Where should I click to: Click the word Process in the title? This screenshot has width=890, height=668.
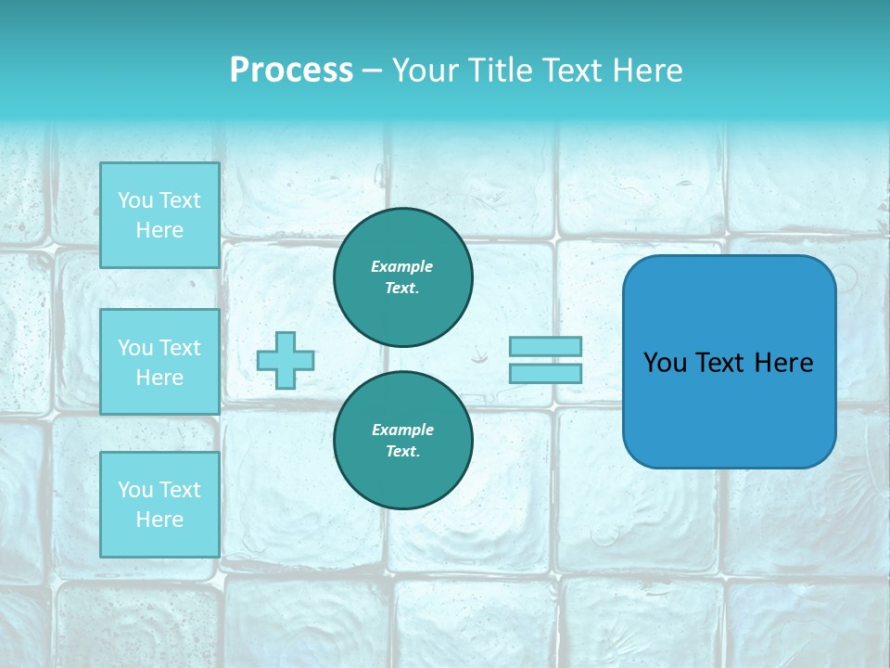291,71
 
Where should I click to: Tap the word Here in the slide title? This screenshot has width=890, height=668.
646,71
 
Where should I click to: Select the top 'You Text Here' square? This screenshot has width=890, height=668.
159,215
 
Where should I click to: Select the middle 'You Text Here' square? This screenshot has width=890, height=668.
159,362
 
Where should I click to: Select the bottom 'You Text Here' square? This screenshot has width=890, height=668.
159,504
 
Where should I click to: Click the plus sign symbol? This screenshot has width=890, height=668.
285,360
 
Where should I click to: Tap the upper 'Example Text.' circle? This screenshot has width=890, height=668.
403,276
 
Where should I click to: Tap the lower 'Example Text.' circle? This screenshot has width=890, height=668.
403,440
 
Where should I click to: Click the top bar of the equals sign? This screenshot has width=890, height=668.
545,346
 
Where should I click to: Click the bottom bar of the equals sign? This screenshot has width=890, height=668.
545,373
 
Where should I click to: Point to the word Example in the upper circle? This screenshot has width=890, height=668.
402,266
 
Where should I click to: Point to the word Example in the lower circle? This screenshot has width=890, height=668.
402,430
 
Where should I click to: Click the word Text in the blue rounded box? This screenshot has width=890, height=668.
719,363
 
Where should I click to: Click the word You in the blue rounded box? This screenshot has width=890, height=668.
664,363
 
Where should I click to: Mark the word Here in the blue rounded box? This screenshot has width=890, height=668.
784,363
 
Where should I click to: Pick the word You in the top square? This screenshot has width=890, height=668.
135,200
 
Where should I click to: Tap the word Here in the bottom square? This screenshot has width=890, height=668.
159,520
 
